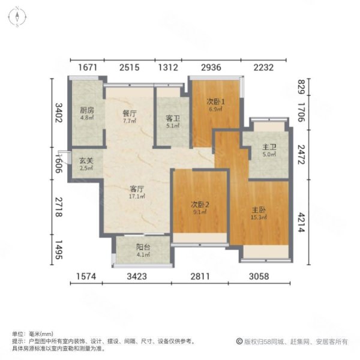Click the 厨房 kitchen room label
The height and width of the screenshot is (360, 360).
coord(87,110)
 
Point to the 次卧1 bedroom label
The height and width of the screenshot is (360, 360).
coord(216,101)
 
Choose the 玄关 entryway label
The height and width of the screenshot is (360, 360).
coord(86,160)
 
